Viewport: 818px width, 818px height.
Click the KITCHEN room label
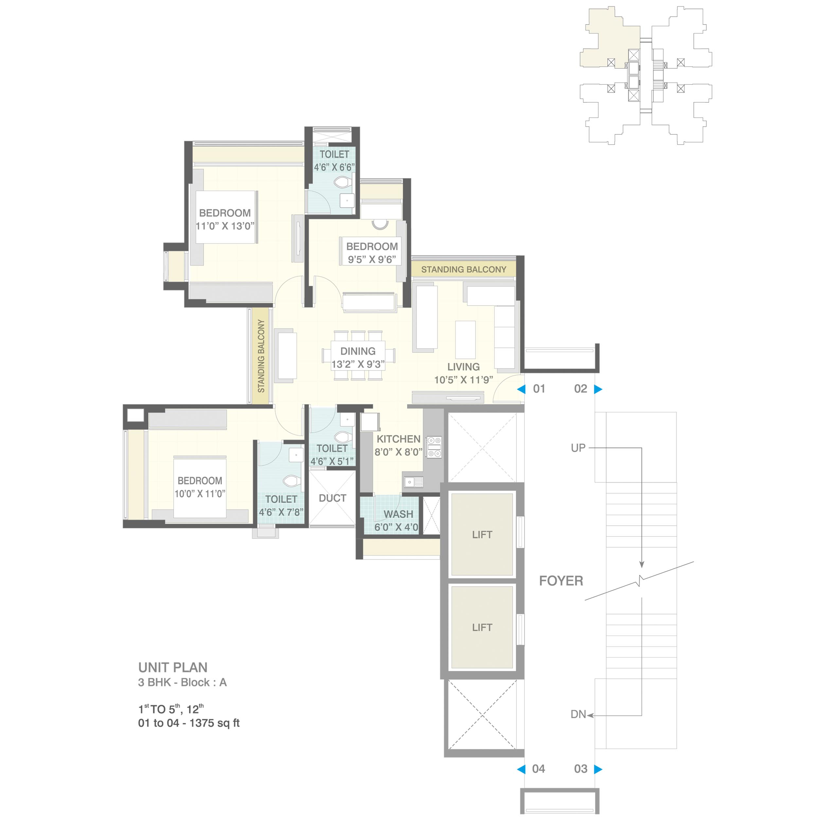[399, 439]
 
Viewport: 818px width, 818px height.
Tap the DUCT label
[332, 498]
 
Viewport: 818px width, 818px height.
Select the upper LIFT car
[482, 534]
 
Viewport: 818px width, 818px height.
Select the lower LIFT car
[482, 627]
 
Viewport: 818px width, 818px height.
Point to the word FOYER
[561, 581]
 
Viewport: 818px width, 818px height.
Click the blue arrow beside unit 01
[521, 389]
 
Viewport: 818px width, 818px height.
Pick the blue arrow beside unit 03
[598, 769]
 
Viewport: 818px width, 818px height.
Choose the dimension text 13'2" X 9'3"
[358, 364]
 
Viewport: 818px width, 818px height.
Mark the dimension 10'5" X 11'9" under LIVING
[464, 380]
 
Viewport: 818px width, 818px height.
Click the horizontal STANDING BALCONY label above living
[464, 270]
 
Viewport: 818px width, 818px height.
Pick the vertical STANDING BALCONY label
[261, 356]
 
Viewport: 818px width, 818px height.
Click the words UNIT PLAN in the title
[173, 668]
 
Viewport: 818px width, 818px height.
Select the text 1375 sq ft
[214, 723]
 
